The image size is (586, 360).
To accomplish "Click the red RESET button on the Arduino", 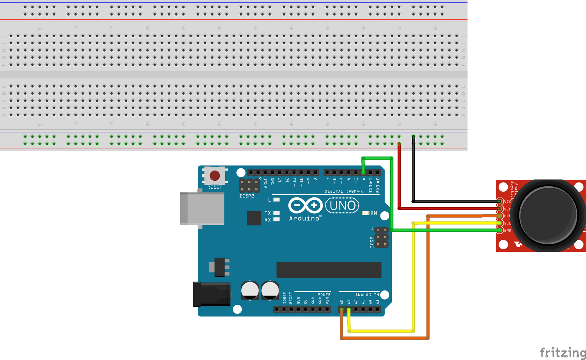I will point(215,175).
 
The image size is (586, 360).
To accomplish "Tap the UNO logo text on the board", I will point(342,206).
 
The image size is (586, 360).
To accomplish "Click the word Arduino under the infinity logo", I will point(305,218).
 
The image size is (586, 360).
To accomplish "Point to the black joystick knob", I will point(548,215).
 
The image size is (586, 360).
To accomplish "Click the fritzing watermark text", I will point(562,352).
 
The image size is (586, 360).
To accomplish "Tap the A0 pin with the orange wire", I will point(341,310).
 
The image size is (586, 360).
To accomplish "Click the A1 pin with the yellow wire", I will point(349,310).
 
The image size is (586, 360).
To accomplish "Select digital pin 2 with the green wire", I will point(363,173).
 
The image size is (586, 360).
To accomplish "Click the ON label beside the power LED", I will point(373,213).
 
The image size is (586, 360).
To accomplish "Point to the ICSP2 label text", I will point(247,196).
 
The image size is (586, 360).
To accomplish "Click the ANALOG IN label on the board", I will point(367,295).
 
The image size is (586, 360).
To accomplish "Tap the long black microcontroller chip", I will point(328,270).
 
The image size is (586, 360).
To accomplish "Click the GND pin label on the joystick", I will point(507,231).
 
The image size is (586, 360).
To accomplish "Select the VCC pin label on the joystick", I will point(507,202).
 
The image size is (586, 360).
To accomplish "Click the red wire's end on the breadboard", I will point(399,144).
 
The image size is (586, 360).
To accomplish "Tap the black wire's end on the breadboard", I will point(414,137).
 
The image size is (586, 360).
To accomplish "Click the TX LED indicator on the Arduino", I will point(276,213).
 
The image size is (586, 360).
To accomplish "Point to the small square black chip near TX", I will point(254,218).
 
